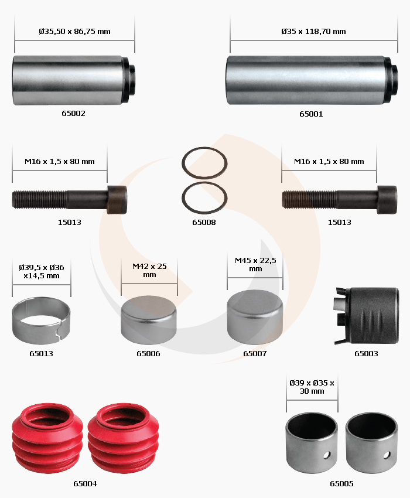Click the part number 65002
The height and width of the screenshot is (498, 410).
(73, 114)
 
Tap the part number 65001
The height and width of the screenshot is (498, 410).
(311, 114)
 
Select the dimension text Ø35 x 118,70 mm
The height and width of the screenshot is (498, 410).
(313, 32)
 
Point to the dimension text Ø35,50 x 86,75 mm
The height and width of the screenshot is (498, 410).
(74, 32)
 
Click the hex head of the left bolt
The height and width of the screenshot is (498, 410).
(117, 200)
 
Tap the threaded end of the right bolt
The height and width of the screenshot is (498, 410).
(309, 199)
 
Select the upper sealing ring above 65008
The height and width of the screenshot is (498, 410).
(204, 163)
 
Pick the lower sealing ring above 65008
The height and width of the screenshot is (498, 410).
(204, 198)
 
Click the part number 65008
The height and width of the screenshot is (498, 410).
(204, 222)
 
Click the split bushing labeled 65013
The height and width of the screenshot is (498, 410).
(41, 321)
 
